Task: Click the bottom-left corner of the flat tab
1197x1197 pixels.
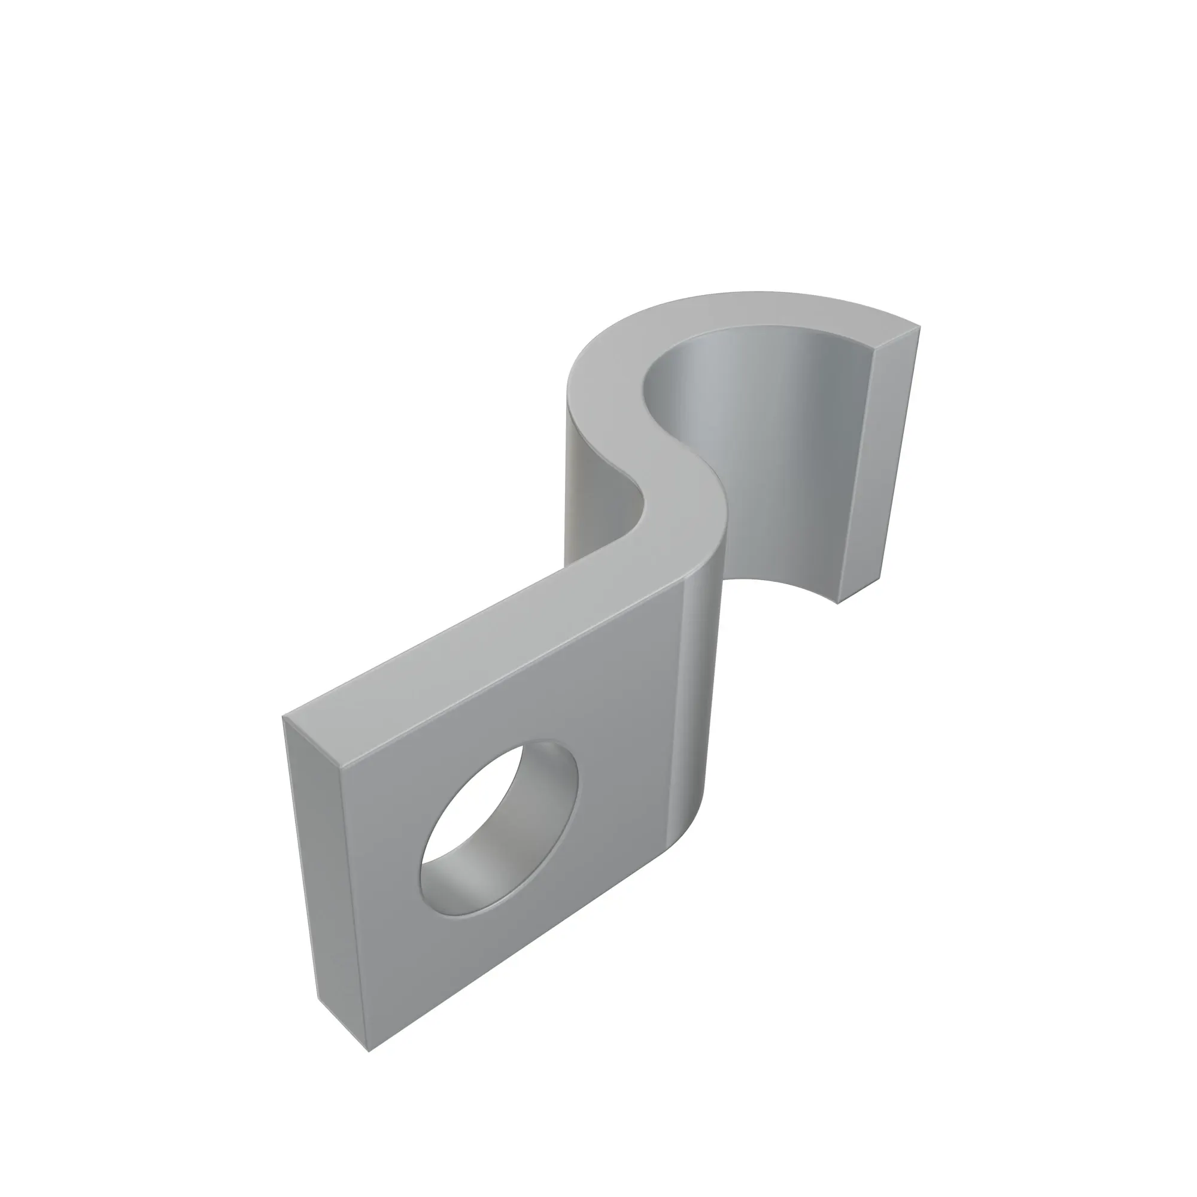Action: coord(369,1052)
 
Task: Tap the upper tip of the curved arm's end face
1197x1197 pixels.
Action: coord(918,329)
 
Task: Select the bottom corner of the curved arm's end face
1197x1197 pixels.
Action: coord(838,603)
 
